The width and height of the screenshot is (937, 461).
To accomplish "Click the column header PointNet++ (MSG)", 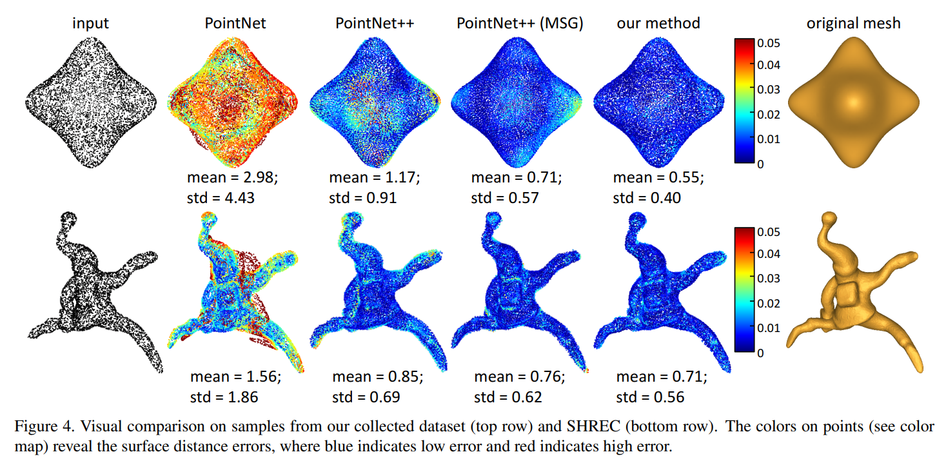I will tap(520, 24).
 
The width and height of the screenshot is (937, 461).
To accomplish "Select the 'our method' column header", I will tap(658, 24).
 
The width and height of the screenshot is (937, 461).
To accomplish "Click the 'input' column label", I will tap(90, 24).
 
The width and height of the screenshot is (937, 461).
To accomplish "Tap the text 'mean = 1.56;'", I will tap(236, 377).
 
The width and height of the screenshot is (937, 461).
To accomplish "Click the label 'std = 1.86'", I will tap(224, 397).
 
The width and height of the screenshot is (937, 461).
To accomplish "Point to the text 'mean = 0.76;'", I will tap(520, 377).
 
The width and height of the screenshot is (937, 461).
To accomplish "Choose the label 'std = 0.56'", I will tap(651, 397).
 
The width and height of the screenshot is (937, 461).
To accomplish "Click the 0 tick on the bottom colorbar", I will tap(762, 353).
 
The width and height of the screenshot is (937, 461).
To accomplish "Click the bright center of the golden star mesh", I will tap(853, 102).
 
